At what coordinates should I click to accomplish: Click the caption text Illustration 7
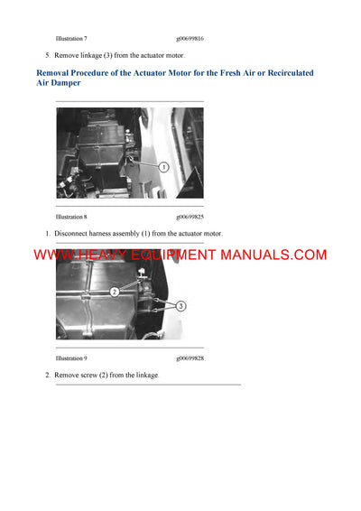click(71, 40)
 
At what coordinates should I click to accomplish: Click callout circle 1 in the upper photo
click(164, 167)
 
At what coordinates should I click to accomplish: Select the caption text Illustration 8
click(71, 218)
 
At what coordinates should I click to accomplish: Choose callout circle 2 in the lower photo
click(115, 293)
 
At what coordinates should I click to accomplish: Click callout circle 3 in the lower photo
click(180, 306)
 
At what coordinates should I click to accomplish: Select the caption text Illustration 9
click(71, 358)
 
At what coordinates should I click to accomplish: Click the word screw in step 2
click(88, 375)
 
